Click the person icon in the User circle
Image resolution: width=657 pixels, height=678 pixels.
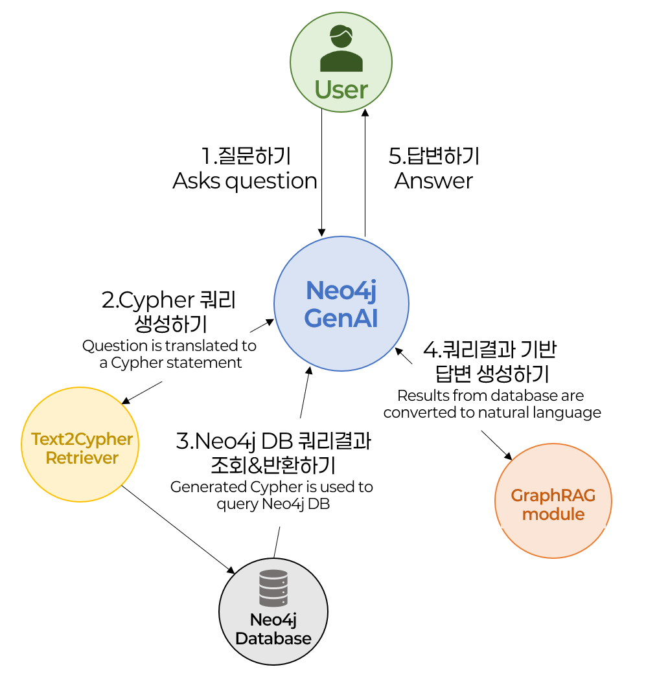341,49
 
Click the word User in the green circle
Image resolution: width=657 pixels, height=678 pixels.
341,89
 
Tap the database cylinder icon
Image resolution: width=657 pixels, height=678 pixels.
273,588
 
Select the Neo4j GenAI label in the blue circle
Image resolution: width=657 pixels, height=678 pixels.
341,304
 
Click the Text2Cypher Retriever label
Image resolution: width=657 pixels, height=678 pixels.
82,449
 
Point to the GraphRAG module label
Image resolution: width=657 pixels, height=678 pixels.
553,505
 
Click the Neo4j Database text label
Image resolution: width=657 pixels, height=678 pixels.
273,629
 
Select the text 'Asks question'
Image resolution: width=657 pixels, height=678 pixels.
245,181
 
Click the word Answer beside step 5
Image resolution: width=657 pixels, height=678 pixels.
433,181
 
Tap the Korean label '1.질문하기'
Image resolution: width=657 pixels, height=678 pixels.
246,156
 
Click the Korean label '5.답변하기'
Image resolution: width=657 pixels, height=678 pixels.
433,156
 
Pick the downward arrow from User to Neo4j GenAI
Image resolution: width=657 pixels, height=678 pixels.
321,172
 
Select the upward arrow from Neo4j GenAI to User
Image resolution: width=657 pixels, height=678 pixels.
365,172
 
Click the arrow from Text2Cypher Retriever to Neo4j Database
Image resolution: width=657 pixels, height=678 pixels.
178,528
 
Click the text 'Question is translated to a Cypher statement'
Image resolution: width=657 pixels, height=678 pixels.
170,354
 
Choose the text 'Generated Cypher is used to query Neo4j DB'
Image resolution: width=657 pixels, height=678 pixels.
271,495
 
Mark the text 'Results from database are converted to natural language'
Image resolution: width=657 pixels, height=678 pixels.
492,403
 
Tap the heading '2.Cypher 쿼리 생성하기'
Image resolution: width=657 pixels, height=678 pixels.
170,311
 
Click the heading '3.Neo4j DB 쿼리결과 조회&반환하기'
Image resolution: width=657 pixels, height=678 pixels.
273,453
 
